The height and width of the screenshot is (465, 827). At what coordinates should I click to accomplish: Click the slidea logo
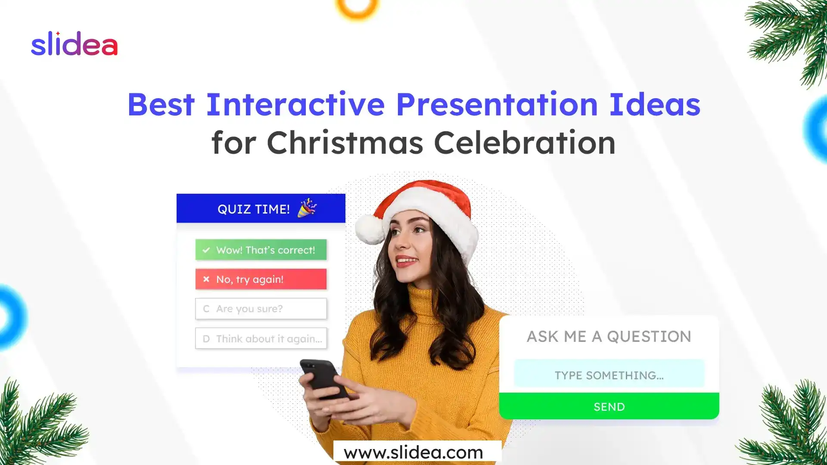74,44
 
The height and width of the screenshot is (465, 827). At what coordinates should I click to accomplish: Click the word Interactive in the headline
295,105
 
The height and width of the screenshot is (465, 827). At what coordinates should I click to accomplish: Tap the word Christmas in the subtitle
345,143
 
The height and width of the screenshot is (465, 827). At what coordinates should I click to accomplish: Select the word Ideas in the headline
654,105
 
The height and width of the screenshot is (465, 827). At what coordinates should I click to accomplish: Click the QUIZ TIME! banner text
253,209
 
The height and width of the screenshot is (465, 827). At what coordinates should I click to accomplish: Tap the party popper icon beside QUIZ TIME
307,208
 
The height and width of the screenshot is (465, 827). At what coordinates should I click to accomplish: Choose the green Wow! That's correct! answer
261,250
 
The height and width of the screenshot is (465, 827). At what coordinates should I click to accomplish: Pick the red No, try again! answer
261,279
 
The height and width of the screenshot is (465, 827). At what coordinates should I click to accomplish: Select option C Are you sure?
261,309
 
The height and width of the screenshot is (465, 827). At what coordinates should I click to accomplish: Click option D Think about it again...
261,339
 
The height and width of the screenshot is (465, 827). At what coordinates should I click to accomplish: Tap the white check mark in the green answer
206,250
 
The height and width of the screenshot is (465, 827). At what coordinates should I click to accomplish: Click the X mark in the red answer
206,279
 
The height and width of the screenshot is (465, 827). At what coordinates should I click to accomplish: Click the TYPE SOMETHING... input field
609,375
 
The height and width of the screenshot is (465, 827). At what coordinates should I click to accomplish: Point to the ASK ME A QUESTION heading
609,336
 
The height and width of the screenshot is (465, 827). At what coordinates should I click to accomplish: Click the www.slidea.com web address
413,453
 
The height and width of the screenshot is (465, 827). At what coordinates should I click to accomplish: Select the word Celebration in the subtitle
524,143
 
